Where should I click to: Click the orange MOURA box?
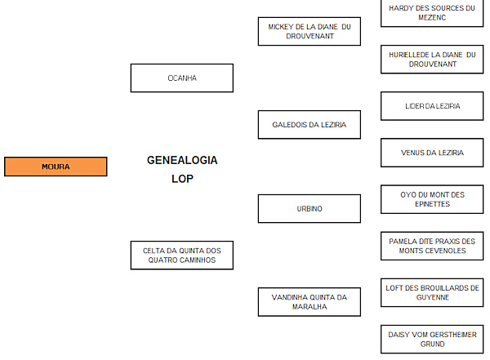coord(56,167)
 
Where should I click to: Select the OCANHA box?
coord(181,78)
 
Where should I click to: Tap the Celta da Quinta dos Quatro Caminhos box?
coord(181,255)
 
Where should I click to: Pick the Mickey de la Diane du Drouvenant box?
coord(309,31)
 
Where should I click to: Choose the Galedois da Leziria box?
coord(309,125)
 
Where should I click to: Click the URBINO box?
coord(309,208)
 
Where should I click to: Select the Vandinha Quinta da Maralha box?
coord(309,302)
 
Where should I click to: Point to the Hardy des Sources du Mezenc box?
coord(431,12)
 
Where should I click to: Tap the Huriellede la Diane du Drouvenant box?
coord(431,59)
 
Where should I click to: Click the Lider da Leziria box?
coord(431,106)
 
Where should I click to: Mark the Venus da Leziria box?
coord(431,153)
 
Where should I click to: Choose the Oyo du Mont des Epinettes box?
coord(431,199)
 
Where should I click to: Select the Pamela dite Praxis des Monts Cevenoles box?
coord(431,246)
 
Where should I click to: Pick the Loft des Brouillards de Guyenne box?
coord(431,292)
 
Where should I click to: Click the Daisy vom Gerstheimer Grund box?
coord(431,339)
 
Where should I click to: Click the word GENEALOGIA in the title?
coord(181,161)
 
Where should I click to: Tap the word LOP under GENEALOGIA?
coord(181,179)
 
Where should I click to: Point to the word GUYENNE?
coord(432,298)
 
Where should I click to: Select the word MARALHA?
coord(310,307)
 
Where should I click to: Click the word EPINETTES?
coord(432,204)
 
